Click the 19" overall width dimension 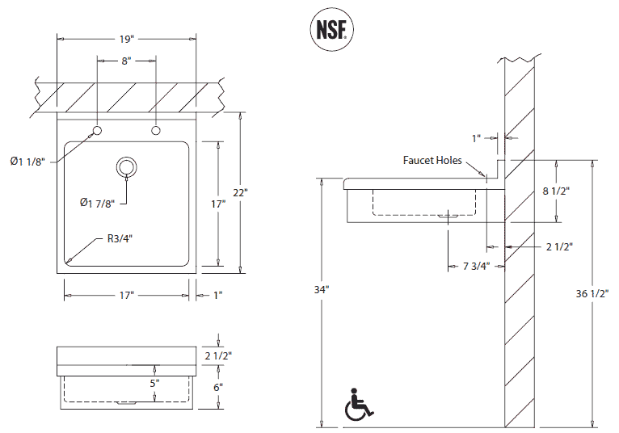tap(126, 38)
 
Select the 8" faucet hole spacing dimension tap(126, 60)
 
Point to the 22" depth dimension tap(240, 192)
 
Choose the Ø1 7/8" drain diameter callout tap(98, 202)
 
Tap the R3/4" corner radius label tap(120, 238)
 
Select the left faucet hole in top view tap(97, 131)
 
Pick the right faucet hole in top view tap(155, 131)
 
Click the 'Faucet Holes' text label tap(432, 160)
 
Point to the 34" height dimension tap(322, 288)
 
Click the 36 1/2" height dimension tap(592, 294)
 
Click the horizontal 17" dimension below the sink tap(126, 296)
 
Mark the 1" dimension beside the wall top tap(478, 137)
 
